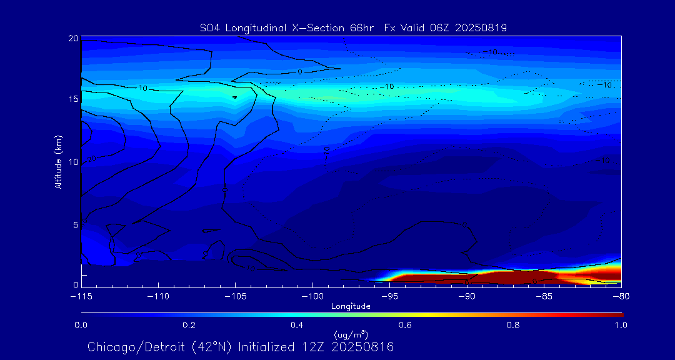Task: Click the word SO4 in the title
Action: coord(210,27)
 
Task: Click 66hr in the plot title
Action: coord(361,27)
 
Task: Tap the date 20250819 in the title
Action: coord(482,27)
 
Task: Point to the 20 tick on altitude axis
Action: coord(73,39)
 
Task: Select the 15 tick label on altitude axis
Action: coord(73,99)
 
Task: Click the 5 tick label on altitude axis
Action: coord(75,224)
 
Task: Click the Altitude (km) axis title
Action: coord(59,161)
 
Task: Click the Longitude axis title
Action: coord(351,306)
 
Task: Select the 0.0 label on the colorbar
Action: coord(81,325)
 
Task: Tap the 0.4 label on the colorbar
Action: coord(297,325)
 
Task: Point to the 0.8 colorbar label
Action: coord(513,325)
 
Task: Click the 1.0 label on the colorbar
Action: coord(621,325)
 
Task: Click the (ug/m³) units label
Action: coord(351,334)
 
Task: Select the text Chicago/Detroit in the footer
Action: coord(129,347)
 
